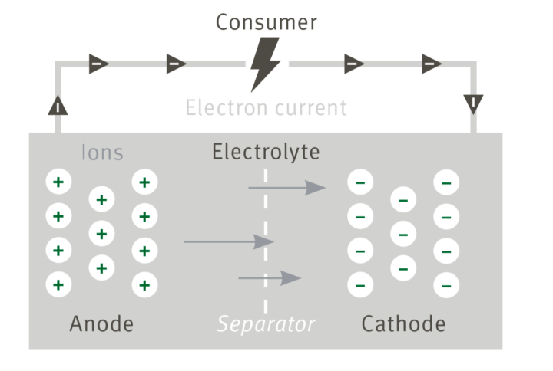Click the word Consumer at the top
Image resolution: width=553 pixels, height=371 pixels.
tap(266, 22)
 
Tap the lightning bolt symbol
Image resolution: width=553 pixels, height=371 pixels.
tap(266, 64)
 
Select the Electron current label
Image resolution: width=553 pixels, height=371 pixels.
tap(266, 107)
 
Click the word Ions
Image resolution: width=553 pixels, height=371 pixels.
tap(102, 153)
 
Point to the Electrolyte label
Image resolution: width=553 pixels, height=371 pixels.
tap(266, 152)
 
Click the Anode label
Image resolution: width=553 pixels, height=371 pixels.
tap(101, 323)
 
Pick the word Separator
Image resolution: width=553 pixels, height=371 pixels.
tap(266, 324)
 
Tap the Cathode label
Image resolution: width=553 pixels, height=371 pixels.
tap(403, 323)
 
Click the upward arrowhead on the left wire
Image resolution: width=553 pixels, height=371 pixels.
tap(58, 105)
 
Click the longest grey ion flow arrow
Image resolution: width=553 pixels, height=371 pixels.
tap(228, 242)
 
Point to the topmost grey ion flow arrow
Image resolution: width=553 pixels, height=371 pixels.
tap(286, 186)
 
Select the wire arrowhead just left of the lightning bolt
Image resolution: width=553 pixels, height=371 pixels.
tap(177, 64)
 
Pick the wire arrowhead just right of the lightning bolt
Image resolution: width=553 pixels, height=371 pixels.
tap(354, 64)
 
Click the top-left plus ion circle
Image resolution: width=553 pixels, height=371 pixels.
tap(58, 182)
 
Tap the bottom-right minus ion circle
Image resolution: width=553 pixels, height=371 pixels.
tap(446, 285)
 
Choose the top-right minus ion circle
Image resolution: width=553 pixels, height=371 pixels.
tap(446, 182)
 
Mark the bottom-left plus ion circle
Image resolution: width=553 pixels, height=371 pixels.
tap(58, 285)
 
